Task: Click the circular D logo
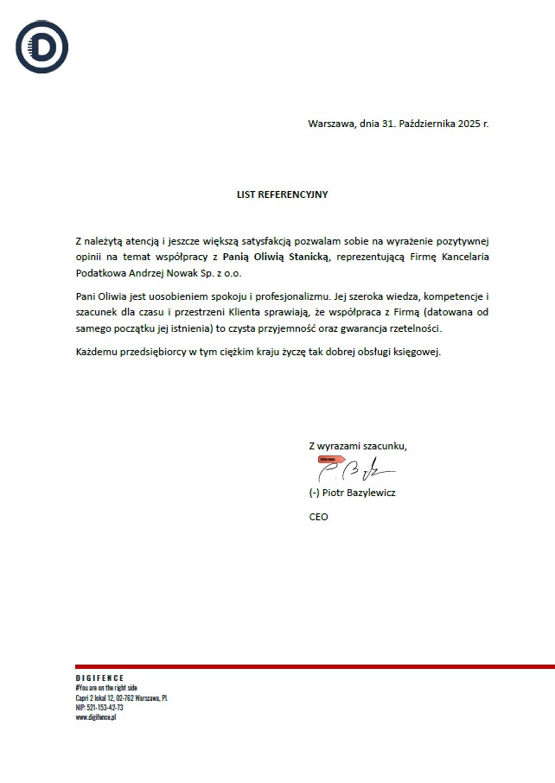[41, 47]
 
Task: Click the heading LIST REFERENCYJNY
[282, 194]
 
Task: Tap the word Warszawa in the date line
[330, 124]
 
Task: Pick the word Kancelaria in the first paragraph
[472, 257]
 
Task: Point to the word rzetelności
[413, 328]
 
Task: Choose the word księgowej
[418, 352]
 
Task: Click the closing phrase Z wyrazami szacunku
[357, 446]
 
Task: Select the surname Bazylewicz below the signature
[370, 493]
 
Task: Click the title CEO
[318, 517]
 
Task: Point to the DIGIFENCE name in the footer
[99, 678]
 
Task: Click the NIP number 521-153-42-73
[105, 707]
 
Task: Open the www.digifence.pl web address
[96, 717]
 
